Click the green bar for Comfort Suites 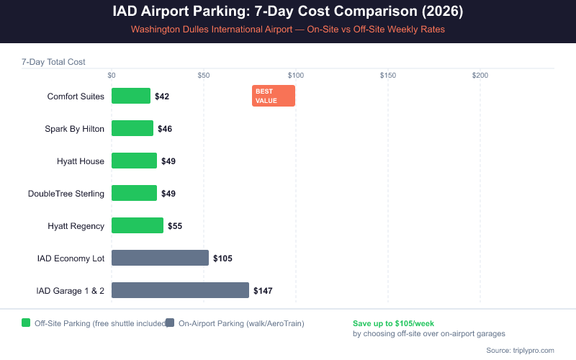pos(131,96)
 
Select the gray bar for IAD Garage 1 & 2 pos(180,290)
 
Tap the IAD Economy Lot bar pos(160,258)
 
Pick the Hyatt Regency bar pos(138,225)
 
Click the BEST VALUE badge pos(274,96)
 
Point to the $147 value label pos(263,291)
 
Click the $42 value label pos(162,96)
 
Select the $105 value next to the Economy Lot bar pos(222,258)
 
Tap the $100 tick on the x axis pos(295,76)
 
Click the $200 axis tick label pos(480,76)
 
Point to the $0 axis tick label pos(112,76)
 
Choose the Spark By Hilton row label pos(74,129)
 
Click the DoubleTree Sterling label pos(66,194)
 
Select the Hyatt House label pos(81,161)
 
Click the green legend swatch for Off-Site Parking pos(26,323)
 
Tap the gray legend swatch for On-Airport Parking pos(170,323)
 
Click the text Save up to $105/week pos(393,323)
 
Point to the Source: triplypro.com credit pos(520,350)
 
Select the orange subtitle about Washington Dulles pos(288,30)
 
